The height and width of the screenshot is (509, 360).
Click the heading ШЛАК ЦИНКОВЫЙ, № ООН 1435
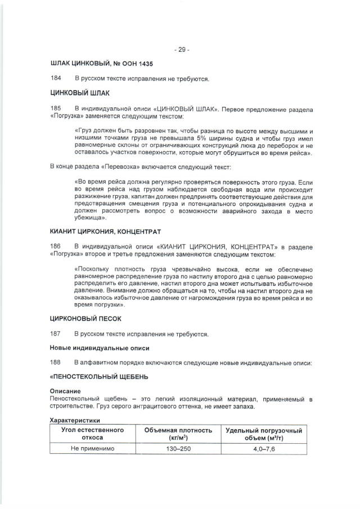point(101,64)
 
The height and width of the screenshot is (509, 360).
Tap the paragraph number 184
point(56,79)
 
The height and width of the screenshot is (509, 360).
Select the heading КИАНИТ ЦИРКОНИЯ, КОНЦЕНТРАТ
point(106,232)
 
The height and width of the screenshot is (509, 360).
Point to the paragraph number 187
point(56,334)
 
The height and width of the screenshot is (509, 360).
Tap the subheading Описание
point(65,391)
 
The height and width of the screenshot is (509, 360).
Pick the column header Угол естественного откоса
point(92,434)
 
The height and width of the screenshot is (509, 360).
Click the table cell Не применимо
point(92,449)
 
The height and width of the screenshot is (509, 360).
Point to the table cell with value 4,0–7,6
point(263,449)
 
